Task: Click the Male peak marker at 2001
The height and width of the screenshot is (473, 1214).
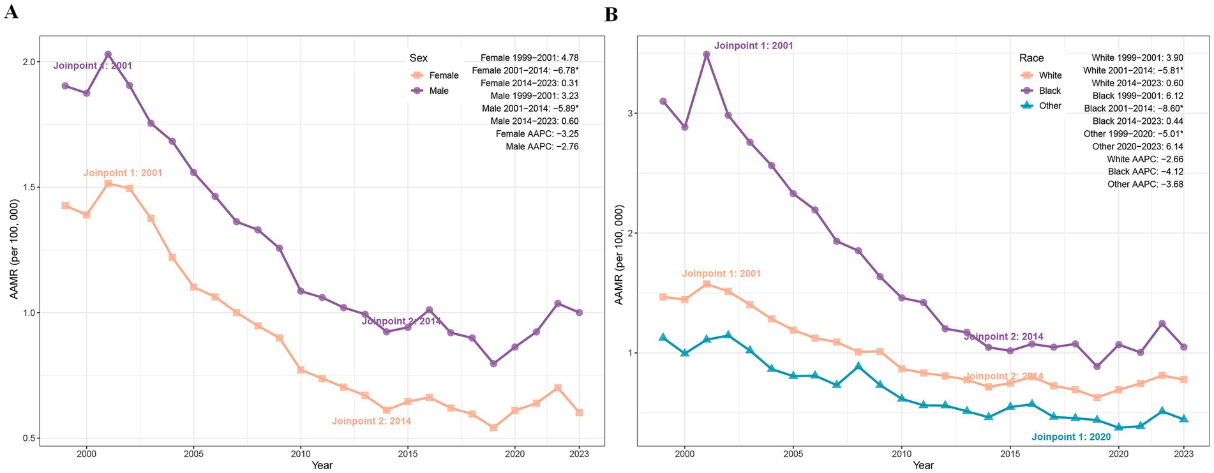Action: [x=108, y=55]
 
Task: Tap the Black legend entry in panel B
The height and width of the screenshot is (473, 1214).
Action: [x=1041, y=91]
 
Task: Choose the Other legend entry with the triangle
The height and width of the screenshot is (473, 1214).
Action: [x=1041, y=106]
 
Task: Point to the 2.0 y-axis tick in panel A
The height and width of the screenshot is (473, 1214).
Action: [x=29, y=62]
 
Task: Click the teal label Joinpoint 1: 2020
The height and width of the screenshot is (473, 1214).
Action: [x=1071, y=437]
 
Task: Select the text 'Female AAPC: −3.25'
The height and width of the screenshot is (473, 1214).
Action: [x=537, y=134]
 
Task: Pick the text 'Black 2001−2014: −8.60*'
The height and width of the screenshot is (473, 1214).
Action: [x=1133, y=109]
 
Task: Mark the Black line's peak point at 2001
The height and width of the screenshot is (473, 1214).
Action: [x=707, y=55]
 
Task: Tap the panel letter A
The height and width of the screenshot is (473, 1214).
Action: [x=11, y=11]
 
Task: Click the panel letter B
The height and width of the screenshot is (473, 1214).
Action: [x=611, y=14]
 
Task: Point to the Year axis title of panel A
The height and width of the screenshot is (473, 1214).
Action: [x=322, y=465]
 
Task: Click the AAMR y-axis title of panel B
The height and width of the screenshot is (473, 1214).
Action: [x=618, y=255]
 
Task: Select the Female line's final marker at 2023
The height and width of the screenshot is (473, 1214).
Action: [x=579, y=413]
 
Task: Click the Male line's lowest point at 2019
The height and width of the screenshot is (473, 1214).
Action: [x=493, y=364]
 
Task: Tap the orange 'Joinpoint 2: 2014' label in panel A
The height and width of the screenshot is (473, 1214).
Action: [x=371, y=421]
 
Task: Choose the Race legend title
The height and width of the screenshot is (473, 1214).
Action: [x=1031, y=58]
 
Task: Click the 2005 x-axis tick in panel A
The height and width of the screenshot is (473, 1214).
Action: [x=193, y=454]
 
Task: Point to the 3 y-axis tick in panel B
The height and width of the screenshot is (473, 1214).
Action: [x=631, y=114]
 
